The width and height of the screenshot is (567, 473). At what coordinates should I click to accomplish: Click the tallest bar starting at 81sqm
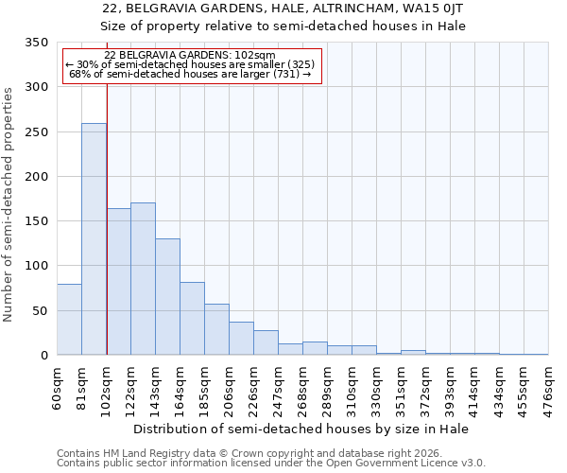coord(94,239)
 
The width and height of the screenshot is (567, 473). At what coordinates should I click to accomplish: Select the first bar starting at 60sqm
coord(69,320)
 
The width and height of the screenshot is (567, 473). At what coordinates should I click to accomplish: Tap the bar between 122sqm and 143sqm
coord(143,279)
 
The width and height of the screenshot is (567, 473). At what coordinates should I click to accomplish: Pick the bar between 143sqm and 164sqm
coord(167,297)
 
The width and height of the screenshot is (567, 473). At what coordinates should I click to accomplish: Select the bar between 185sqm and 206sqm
coord(216,329)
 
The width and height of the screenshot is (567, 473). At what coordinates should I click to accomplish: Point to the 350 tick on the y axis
coord(37,43)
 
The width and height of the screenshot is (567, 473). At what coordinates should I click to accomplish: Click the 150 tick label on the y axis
coord(37,221)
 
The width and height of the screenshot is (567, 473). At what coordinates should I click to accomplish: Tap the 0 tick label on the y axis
coord(43,356)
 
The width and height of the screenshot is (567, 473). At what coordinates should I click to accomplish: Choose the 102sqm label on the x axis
coord(107,388)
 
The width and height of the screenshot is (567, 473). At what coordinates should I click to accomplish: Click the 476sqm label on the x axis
coord(549,388)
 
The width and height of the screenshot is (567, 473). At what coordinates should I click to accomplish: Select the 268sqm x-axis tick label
coord(303,388)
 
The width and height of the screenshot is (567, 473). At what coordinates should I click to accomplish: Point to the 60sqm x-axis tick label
coord(58,388)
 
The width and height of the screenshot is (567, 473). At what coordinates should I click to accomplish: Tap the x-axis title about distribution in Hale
coord(302,429)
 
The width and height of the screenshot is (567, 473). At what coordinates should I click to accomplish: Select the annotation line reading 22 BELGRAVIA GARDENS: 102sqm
coord(190,56)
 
